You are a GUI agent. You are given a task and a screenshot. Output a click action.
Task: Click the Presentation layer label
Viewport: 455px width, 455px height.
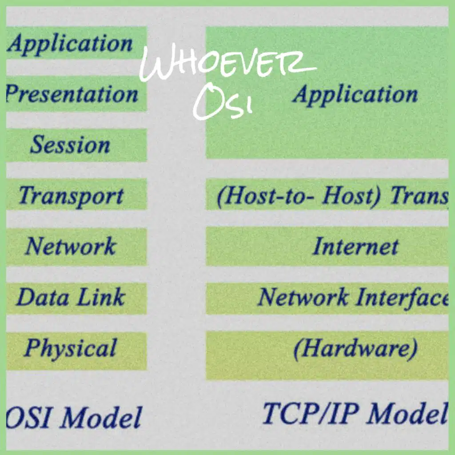(72, 94)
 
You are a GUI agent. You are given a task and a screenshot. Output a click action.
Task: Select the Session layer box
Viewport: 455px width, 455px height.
(76, 145)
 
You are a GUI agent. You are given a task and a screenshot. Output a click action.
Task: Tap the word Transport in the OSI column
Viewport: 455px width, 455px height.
(71, 196)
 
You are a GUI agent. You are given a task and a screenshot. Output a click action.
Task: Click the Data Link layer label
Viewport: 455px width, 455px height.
(71, 297)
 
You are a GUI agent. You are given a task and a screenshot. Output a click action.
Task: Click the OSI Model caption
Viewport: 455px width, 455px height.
(74, 417)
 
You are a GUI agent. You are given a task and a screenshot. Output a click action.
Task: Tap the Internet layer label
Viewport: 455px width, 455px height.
(356, 246)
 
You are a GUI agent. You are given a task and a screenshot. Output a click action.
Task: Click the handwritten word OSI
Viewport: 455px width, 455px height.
(223, 102)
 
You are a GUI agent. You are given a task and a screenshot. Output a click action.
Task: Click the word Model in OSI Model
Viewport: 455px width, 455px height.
(101, 417)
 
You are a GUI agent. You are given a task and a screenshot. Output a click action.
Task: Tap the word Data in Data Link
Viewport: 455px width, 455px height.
(43, 297)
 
